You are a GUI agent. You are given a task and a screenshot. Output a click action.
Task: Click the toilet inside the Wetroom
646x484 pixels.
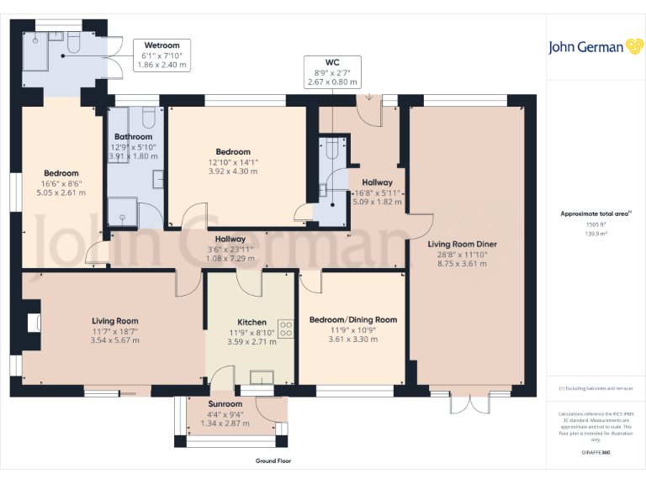pyautogui.click(x=72, y=42)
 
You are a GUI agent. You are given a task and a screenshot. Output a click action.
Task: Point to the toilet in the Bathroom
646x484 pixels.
pyautogui.click(x=149, y=117)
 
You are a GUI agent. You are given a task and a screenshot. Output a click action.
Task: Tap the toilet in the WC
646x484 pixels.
pyautogui.click(x=331, y=149)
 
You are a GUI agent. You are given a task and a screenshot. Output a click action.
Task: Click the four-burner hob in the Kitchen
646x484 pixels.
pyautogui.click(x=285, y=329)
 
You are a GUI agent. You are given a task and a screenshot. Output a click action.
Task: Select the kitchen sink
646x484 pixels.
pyautogui.click(x=262, y=378)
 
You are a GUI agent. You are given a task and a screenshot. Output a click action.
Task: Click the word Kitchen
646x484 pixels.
pyautogui.click(x=252, y=322)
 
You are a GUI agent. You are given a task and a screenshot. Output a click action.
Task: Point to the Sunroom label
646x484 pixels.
pyautogui.click(x=225, y=404)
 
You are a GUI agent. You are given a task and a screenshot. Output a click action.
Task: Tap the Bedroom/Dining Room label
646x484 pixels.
pyautogui.click(x=352, y=319)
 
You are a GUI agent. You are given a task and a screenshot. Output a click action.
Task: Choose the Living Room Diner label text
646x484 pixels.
pyautogui.click(x=462, y=244)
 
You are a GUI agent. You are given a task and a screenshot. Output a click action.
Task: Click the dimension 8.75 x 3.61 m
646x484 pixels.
pyautogui.click(x=462, y=263)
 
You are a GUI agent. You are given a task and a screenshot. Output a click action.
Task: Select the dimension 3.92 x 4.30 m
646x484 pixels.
pyautogui.click(x=232, y=171)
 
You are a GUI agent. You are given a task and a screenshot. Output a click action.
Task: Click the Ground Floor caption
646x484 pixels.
pyautogui.click(x=273, y=461)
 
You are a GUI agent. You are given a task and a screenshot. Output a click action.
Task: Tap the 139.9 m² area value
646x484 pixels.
pyautogui.click(x=596, y=234)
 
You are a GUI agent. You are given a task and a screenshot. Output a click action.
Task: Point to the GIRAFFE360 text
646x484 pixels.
pyautogui.click(x=596, y=453)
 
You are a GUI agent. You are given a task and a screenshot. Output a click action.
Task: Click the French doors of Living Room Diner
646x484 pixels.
pyautogui.click(x=469, y=401)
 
